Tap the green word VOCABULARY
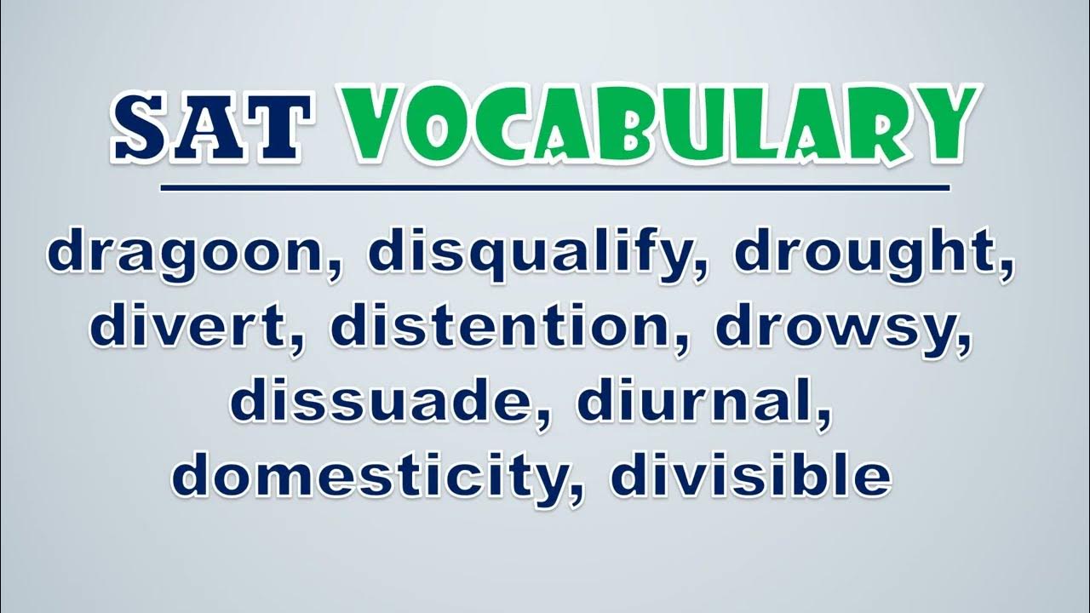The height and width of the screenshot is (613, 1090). (x=658, y=125)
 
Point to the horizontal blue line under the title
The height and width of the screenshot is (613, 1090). (x=555, y=188)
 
